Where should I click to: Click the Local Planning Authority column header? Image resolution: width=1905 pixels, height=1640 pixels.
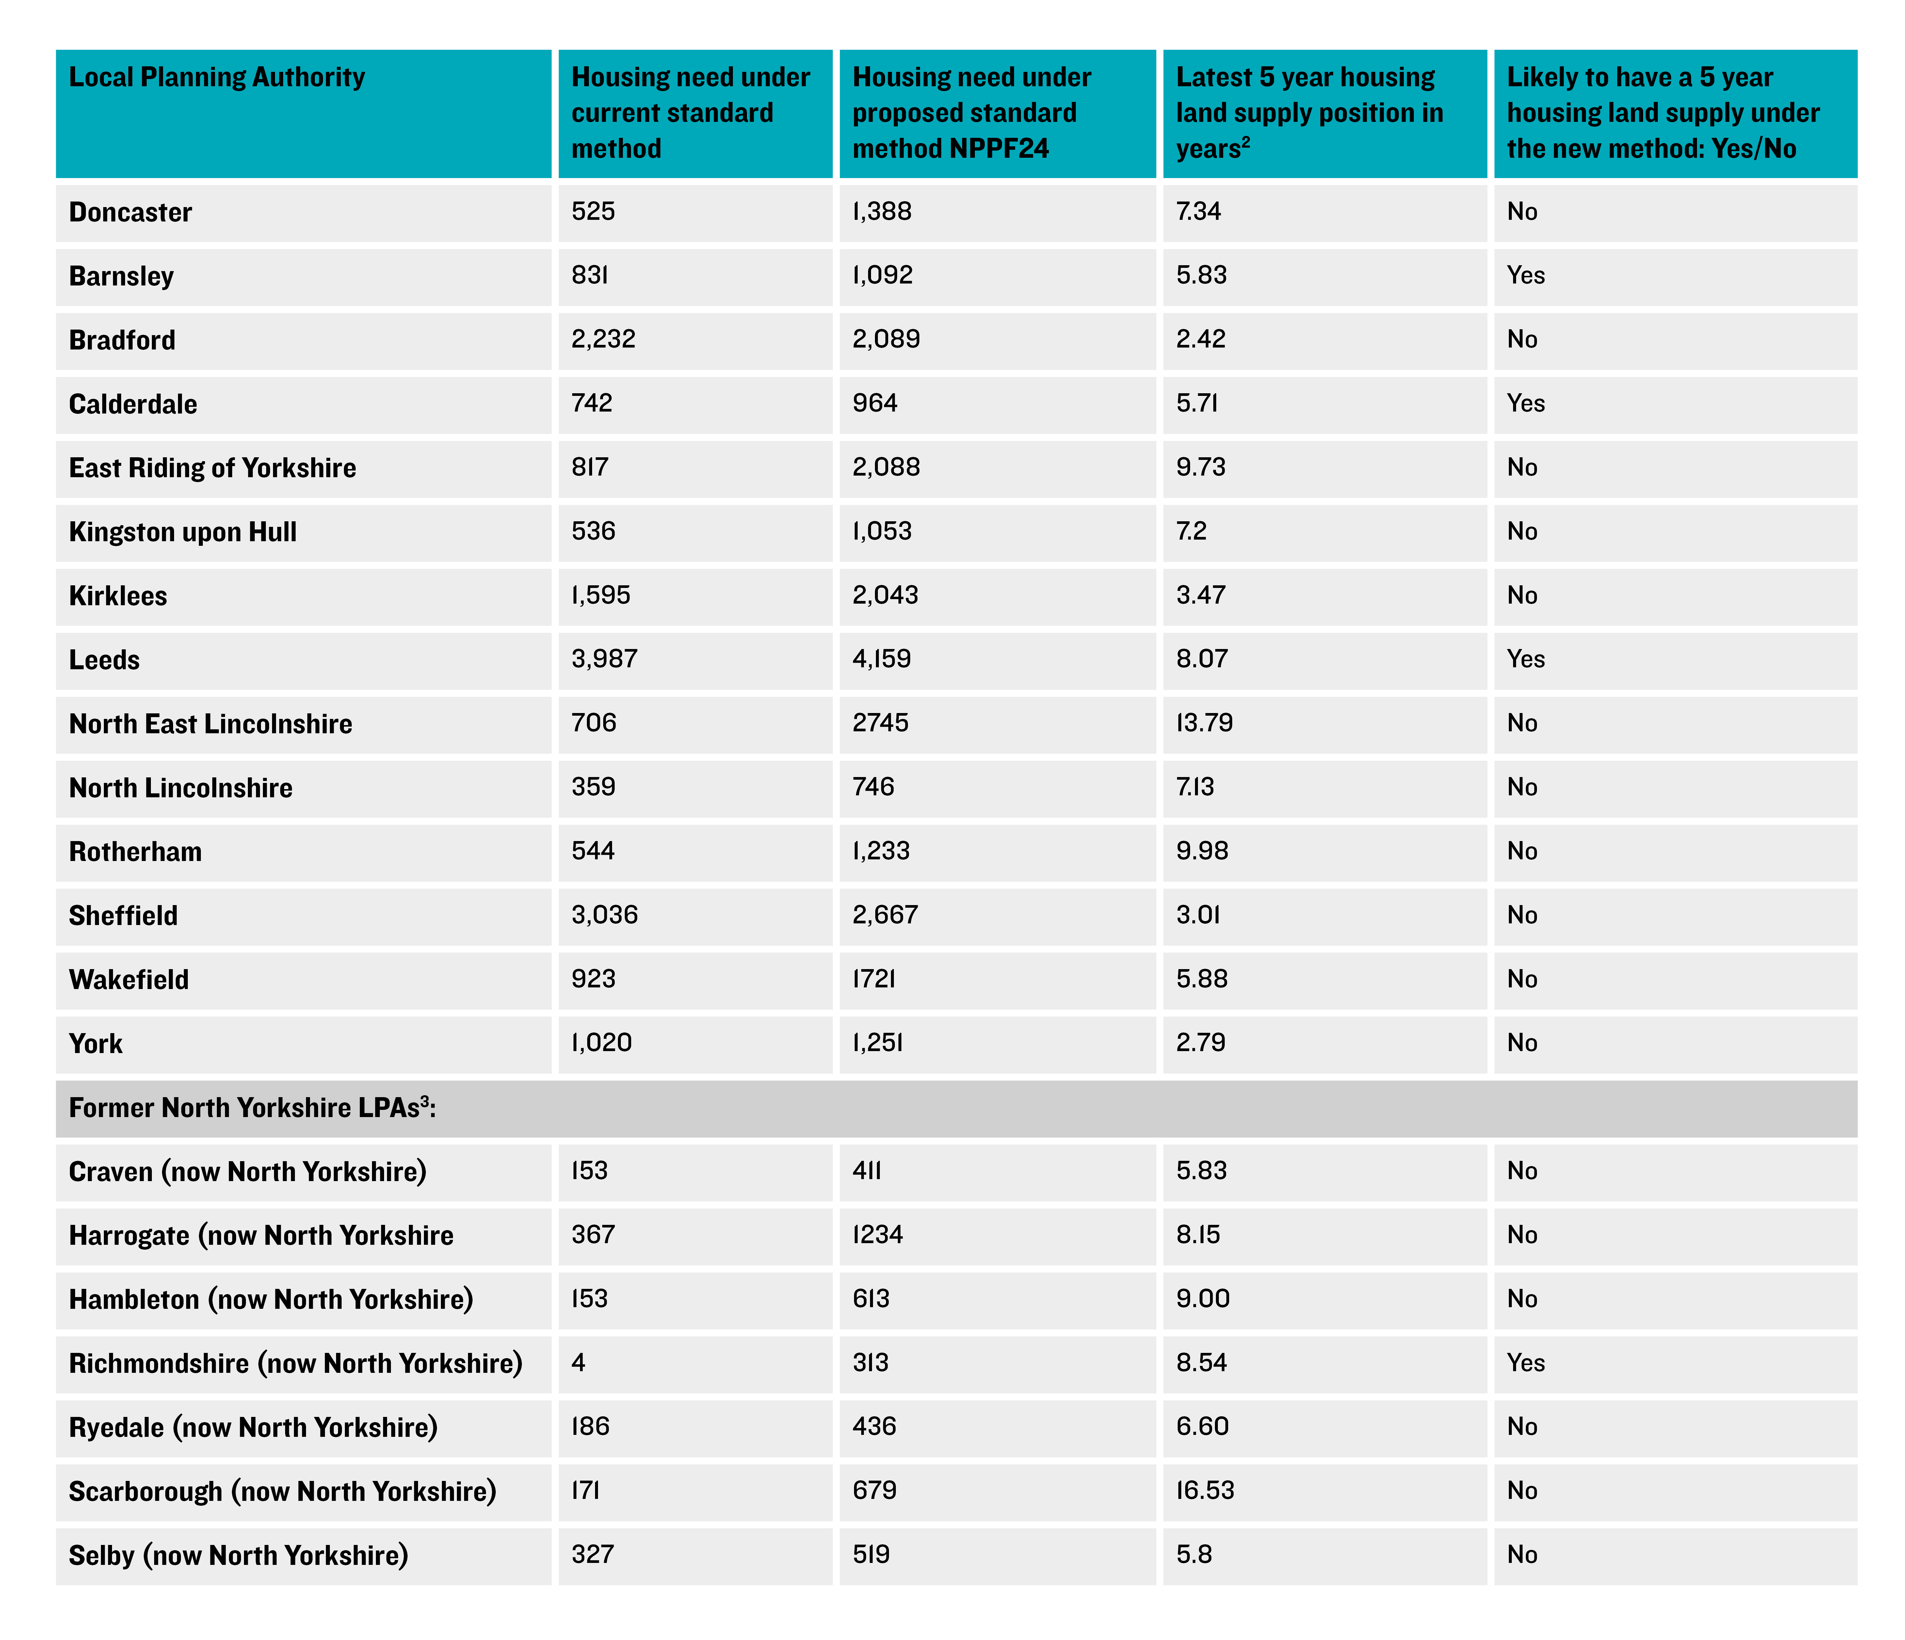click(x=217, y=77)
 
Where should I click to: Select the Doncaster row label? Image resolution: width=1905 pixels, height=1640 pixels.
click(x=131, y=212)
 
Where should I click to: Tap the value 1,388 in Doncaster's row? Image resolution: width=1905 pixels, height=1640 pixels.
click(x=882, y=211)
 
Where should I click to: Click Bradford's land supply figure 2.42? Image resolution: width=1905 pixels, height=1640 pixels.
click(x=1201, y=339)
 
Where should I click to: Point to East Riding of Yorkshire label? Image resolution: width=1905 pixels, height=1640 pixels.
click(x=212, y=468)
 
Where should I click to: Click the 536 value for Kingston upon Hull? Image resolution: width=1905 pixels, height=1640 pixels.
click(x=593, y=531)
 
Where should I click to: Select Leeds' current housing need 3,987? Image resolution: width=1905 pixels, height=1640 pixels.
click(x=604, y=659)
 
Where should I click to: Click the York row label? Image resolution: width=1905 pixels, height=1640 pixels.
click(x=96, y=1043)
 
